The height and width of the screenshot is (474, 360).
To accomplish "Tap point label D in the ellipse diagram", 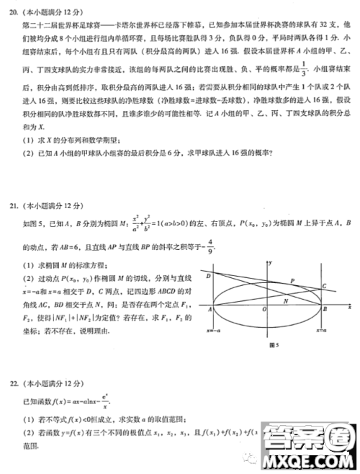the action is tap(208, 276).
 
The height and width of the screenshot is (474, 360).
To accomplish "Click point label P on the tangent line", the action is tap(291, 281).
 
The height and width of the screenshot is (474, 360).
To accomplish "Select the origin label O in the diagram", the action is tap(263, 311).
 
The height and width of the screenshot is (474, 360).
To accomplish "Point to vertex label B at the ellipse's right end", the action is tap(326, 310).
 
